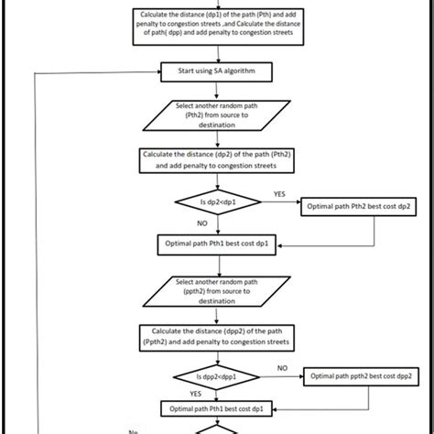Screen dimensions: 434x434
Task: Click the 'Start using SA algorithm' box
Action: coord(216,70)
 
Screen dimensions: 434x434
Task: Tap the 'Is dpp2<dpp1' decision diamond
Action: coord(216,375)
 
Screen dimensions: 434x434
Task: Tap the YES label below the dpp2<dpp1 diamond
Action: coord(196,394)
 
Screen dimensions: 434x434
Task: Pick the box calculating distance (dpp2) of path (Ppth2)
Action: coord(216,335)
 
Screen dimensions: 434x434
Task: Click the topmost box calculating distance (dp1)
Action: coord(216,23)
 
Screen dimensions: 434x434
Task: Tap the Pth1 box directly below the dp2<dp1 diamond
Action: coord(216,244)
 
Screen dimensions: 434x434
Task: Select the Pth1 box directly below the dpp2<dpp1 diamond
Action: coord(216,408)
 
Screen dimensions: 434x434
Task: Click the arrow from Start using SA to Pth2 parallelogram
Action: coord(216,89)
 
